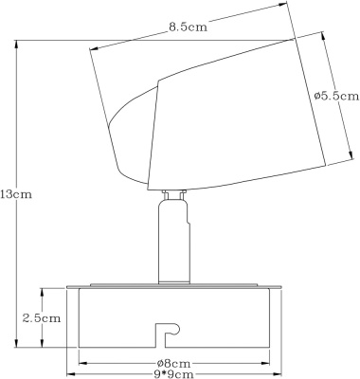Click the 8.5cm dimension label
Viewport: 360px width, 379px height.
point(188,27)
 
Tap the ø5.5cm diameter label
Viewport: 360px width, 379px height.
point(337,96)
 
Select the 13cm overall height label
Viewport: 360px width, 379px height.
point(16,194)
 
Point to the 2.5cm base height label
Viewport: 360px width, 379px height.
point(42,318)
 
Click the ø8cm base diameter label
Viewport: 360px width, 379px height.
point(173,364)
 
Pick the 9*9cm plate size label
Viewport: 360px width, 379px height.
point(173,374)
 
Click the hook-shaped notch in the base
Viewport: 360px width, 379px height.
point(168,334)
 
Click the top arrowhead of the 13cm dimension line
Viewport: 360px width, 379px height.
point(16,45)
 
